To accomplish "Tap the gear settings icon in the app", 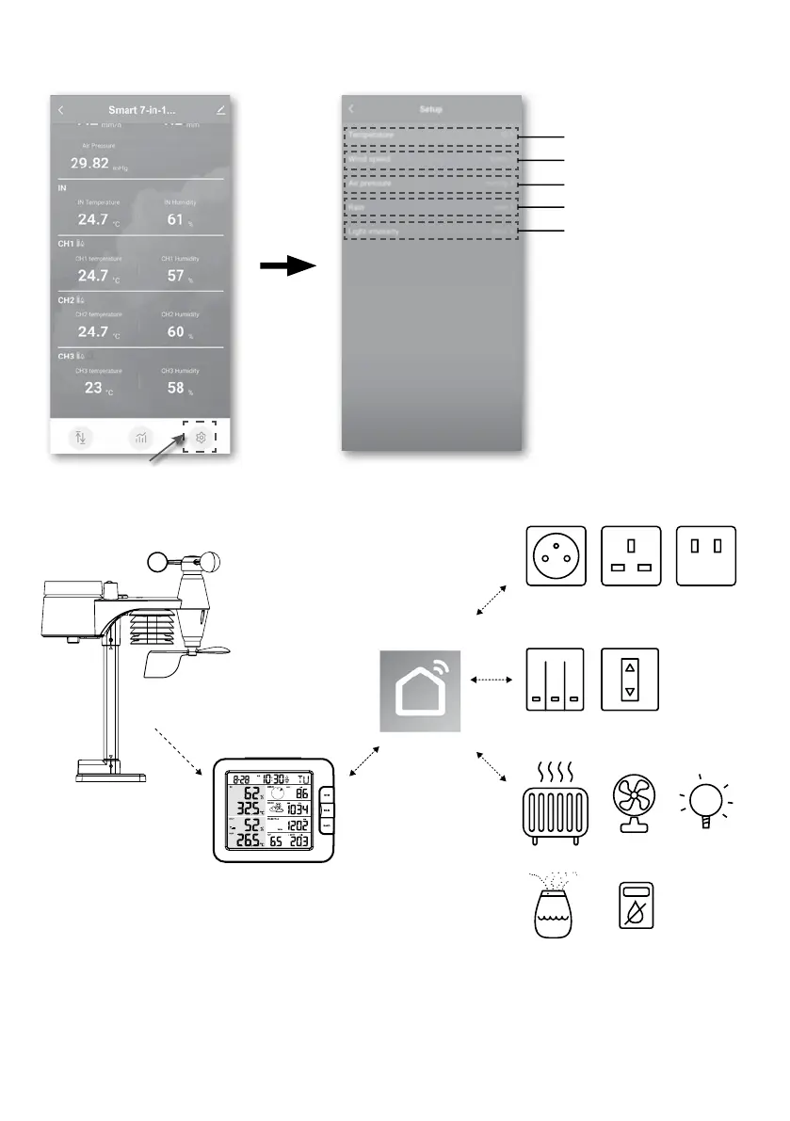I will [x=200, y=439].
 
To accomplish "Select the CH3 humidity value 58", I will [x=174, y=388].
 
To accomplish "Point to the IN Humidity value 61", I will [x=175, y=219].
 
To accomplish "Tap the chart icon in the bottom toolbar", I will [x=141, y=439].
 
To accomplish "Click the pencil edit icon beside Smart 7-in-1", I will [x=220, y=110].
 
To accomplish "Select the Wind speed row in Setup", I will [x=430, y=160].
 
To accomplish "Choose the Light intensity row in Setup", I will [x=430, y=231].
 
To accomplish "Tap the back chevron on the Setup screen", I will [x=350, y=110].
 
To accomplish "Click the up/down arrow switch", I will [x=630, y=679].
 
